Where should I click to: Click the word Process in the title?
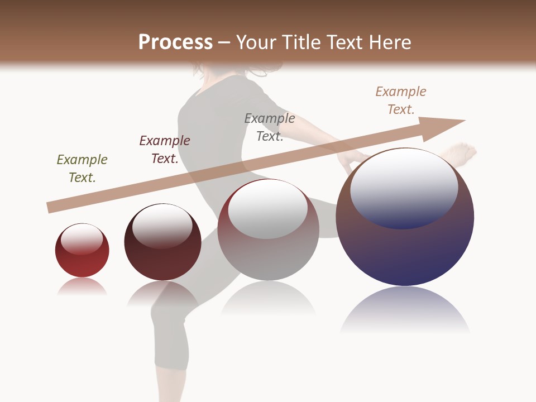175,42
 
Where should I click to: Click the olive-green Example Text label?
82,169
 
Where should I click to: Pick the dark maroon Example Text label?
165,150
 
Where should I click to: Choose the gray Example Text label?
270,127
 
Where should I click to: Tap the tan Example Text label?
401,100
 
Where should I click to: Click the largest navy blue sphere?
405,246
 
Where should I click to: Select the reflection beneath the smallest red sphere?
82,286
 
